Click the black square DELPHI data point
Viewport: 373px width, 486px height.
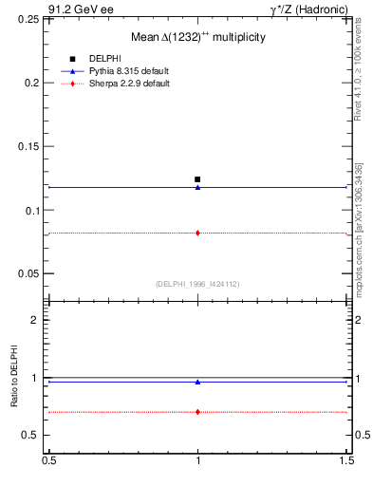[197, 178]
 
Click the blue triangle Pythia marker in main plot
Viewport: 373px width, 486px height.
[197, 187]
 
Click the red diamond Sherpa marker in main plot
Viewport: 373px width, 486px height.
[197, 233]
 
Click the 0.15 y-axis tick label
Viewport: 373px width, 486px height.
[28, 146]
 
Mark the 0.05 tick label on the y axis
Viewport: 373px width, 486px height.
[28, 273]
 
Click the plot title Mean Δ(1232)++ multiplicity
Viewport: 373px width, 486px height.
[197, 36]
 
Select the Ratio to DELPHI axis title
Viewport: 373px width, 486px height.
[14, 378]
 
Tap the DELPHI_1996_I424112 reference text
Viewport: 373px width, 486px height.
[197, 283]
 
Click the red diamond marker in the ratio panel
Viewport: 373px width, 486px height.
[197, 412]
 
